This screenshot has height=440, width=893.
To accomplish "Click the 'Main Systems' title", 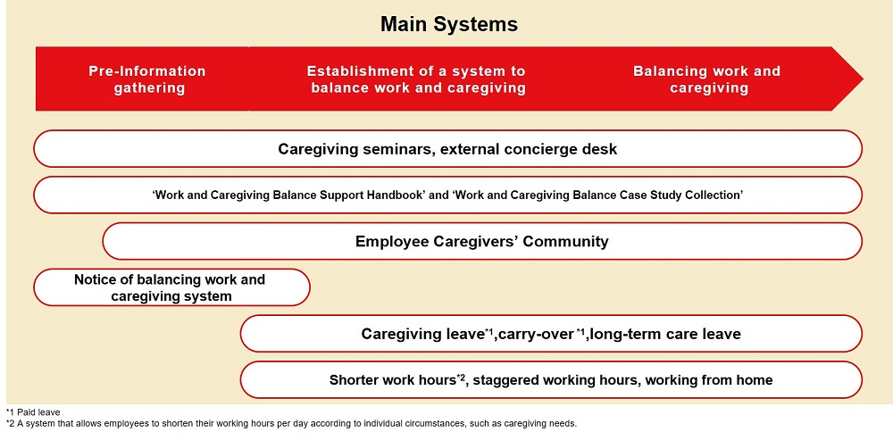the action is pos(449,24).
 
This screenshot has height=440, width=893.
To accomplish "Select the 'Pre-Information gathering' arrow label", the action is pos(147,79).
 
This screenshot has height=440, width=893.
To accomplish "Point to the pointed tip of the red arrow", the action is pos(863,79).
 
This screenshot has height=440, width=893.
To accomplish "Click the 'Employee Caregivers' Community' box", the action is pos(482,241).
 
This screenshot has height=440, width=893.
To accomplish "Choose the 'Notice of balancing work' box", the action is pos(171,287).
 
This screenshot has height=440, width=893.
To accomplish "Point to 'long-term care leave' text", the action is pos(665,334).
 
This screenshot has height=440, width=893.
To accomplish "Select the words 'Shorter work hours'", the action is pos(393,379).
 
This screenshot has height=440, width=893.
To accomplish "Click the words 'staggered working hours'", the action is pos(555,379).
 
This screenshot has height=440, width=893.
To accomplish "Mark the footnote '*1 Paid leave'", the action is pos(32,412).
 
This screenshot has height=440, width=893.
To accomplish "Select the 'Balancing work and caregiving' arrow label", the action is pos(706,79).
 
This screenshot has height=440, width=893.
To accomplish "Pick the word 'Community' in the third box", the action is pos(565,242).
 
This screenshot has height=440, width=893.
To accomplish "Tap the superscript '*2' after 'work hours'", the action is pos(463,377).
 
